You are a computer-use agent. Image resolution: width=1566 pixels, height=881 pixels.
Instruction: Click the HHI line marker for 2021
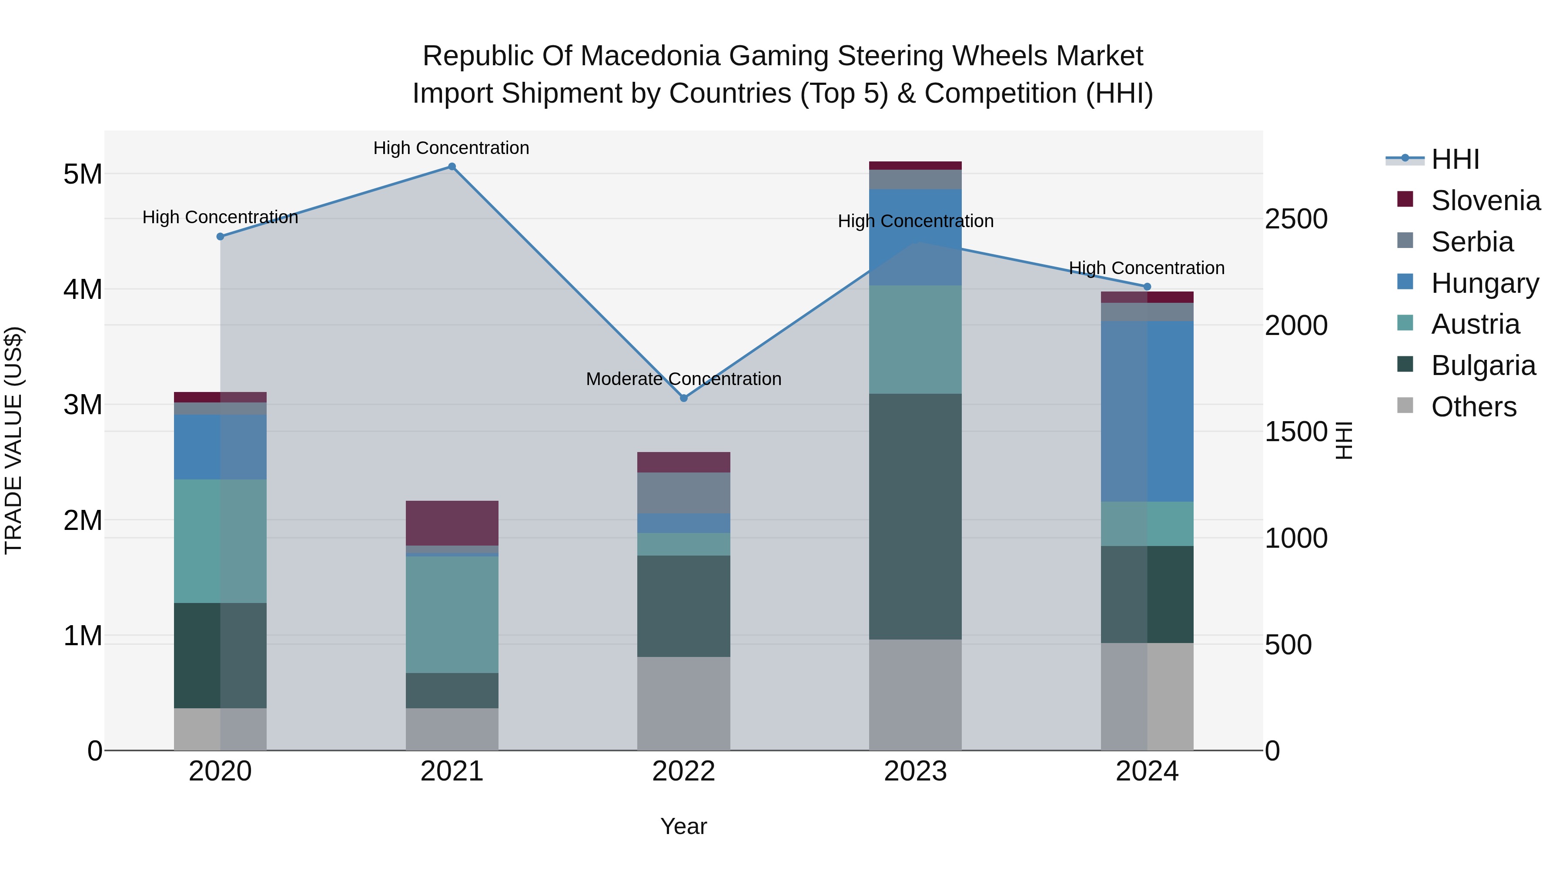452,167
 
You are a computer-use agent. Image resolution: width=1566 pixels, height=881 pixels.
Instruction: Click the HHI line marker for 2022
683,398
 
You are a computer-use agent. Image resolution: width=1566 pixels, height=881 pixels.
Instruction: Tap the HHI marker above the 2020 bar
220,237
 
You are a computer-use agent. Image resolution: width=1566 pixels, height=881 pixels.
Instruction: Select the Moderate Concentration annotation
683,379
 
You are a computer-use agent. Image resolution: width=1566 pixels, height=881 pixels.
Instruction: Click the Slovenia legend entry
1485,201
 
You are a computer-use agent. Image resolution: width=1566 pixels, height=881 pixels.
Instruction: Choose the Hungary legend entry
1485,283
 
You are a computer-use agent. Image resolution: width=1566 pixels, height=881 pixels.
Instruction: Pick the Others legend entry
1474,407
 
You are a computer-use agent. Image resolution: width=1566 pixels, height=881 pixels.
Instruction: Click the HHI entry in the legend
1455,159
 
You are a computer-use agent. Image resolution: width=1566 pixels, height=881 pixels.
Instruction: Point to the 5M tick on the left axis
83,174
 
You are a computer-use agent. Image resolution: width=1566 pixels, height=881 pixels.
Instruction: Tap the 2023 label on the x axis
915,771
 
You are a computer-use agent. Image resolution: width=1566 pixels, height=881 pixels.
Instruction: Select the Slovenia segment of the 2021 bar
452,523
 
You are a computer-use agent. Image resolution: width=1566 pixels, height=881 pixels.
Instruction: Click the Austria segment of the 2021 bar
452,614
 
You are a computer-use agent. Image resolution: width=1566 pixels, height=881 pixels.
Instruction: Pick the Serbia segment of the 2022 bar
683,492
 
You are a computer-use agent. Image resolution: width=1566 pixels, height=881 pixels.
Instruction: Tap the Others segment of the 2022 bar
683,703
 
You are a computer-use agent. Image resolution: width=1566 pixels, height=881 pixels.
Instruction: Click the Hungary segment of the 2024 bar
1147,411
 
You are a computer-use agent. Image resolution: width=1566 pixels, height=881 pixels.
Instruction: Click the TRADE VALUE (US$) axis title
14,440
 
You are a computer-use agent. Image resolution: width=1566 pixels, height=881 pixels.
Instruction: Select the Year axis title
683,826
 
